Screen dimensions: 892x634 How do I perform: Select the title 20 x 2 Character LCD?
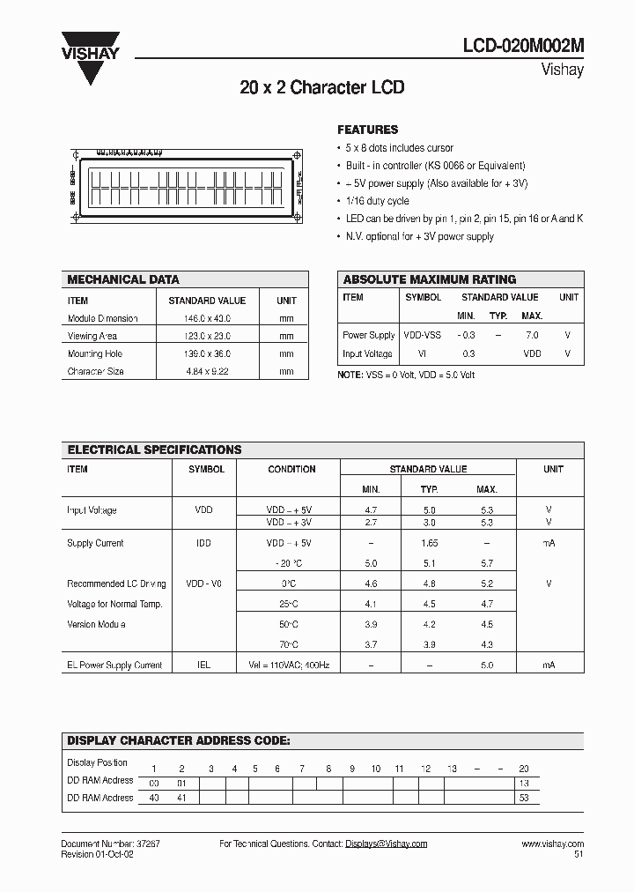[321, 88]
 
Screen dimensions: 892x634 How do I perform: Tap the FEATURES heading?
[368, 130]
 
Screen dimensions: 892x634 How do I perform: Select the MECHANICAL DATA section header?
[123, 279]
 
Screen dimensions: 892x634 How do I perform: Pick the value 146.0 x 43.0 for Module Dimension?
[207, 318]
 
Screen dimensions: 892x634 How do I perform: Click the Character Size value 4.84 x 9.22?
[207, 371]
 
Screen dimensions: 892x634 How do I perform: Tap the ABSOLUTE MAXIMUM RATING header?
[430, 279]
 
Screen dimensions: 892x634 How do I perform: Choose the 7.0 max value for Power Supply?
[532, 336]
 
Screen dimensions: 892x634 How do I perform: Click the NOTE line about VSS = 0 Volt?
[406, 375]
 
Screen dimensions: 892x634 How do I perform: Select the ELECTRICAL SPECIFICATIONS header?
[154, 450]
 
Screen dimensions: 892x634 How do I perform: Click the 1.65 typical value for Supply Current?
[429, 543]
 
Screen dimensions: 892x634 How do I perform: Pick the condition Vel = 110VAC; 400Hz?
[291, 665]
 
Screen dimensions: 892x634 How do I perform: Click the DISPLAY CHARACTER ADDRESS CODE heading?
[179, 741]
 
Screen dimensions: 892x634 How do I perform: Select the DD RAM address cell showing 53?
[524, 798]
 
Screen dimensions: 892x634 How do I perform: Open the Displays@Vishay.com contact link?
[386, 844]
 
